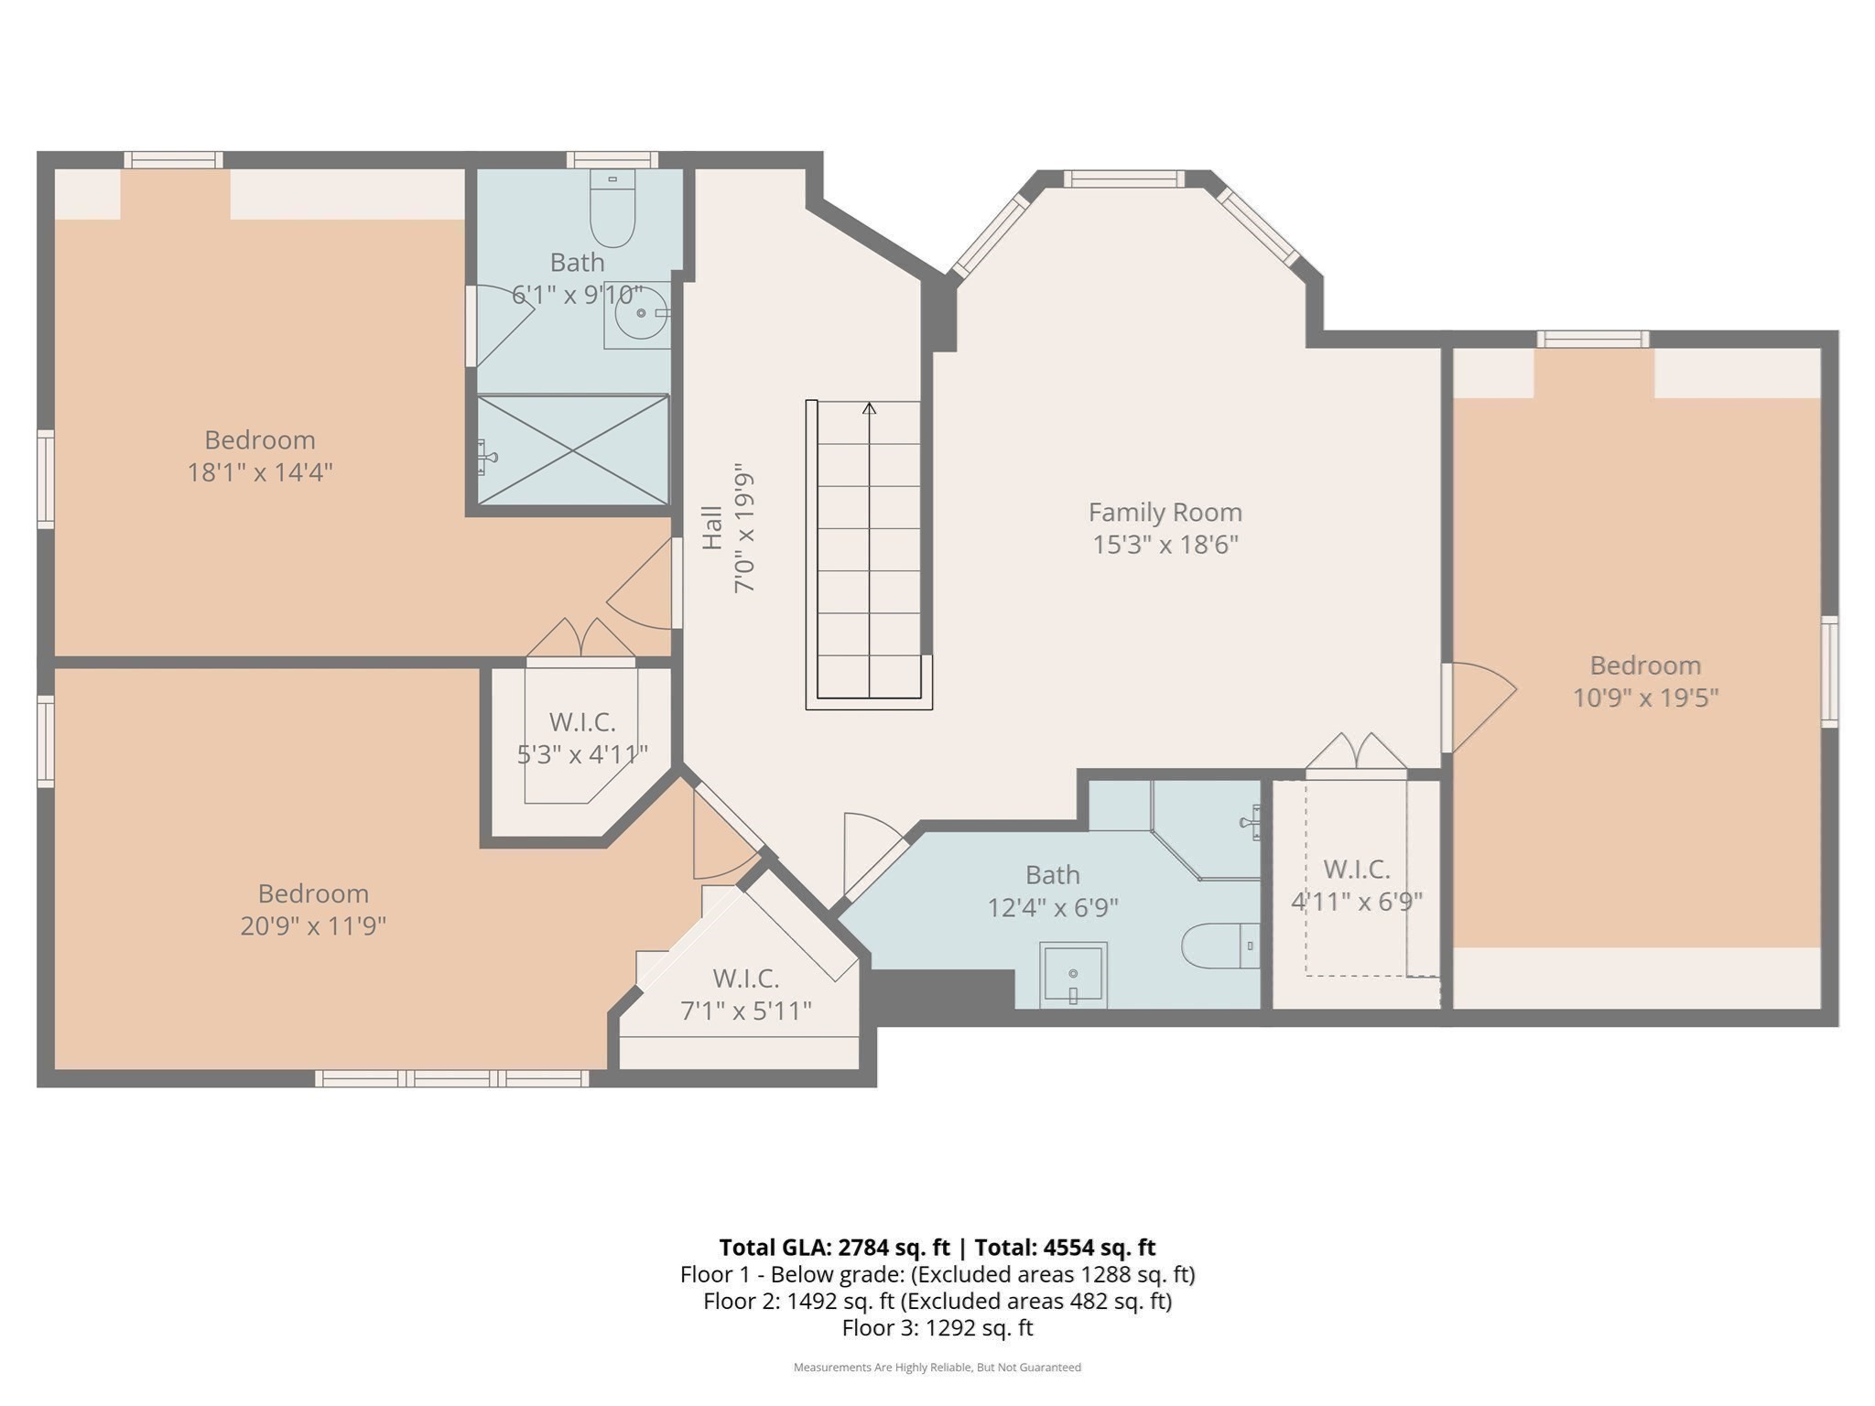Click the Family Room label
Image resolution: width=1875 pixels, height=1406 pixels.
[x=1165, y=512]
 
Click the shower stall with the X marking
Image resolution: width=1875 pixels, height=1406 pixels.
[x=573, y=449]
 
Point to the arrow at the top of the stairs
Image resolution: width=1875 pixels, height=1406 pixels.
[x=869, y=408]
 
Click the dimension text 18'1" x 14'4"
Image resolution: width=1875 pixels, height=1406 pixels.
[x=260, y=473]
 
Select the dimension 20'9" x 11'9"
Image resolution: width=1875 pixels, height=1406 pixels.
[x=313, y=926]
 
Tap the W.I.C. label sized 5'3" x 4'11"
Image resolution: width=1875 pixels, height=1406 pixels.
[x=582, y=722]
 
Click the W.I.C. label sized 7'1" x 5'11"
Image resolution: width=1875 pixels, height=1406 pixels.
[x=745, y=979]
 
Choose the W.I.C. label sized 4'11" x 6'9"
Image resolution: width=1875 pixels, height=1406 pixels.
[x=1356, y=869]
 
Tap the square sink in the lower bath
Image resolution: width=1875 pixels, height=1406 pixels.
[x=1073, y=975]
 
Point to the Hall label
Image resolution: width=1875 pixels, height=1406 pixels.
[x=712, y=528]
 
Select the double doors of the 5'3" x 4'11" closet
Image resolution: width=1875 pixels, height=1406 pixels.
[x=580, y=638]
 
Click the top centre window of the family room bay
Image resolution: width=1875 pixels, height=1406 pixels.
[x=1123, y=179]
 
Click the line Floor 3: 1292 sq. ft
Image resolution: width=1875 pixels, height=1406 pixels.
[x=937, y=1327]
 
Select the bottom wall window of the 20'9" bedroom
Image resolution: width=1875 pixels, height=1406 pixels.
[x=452, y=1078]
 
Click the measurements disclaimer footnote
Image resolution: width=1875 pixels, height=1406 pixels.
[x=937, y=1368]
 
